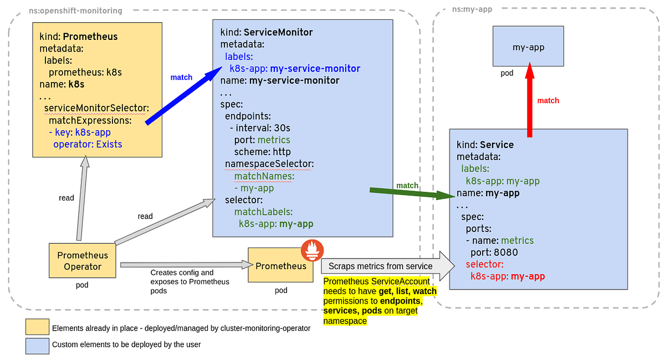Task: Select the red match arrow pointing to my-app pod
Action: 530,100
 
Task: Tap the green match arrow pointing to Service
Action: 410,193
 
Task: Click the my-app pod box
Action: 528,47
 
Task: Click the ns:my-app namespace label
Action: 472,9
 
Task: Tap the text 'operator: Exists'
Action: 88,144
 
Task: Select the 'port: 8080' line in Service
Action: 494,252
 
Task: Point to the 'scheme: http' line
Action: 262,152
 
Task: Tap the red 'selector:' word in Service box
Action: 484,264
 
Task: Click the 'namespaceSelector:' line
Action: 269,164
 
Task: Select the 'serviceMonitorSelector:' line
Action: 96,108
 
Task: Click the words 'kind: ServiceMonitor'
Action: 267,32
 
